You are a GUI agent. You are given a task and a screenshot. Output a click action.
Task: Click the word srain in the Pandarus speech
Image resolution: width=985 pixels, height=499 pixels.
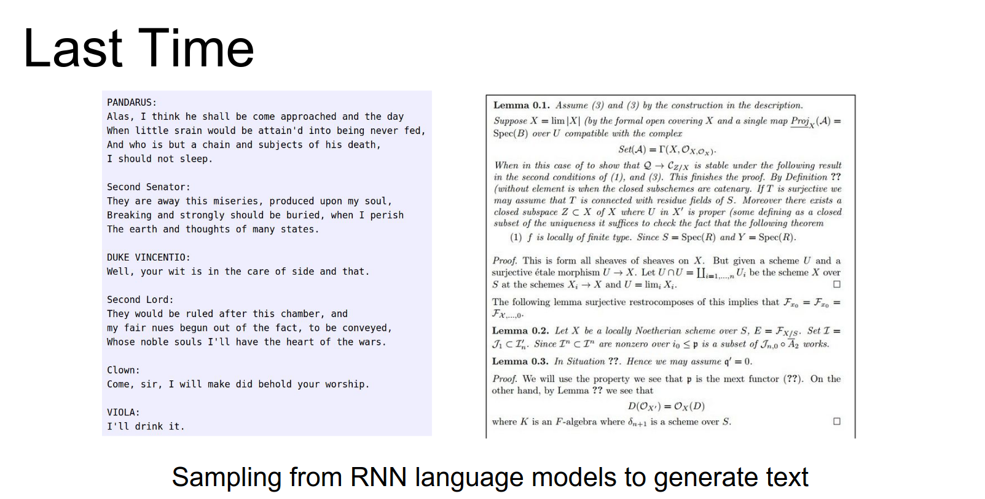[x=188, y=130]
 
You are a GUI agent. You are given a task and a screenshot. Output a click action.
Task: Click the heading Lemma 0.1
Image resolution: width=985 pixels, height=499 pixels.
[x=522, y=106]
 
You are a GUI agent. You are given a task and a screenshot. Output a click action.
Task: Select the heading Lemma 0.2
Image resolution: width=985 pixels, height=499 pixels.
[x=520, y=331]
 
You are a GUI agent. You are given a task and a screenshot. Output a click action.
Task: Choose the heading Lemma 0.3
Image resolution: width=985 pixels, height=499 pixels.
[x=520, y=361]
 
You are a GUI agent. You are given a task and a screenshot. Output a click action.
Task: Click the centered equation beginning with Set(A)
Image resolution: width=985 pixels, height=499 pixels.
[x=667, y=150]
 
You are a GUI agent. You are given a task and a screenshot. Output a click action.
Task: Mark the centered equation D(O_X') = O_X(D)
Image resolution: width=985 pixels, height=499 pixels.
[x=666, y=406]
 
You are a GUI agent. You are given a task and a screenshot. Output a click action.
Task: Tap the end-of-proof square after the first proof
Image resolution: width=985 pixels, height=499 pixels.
[x=837, y=285]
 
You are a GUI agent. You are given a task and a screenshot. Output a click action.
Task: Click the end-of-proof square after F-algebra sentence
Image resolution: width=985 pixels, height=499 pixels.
[x=837, y=421]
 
